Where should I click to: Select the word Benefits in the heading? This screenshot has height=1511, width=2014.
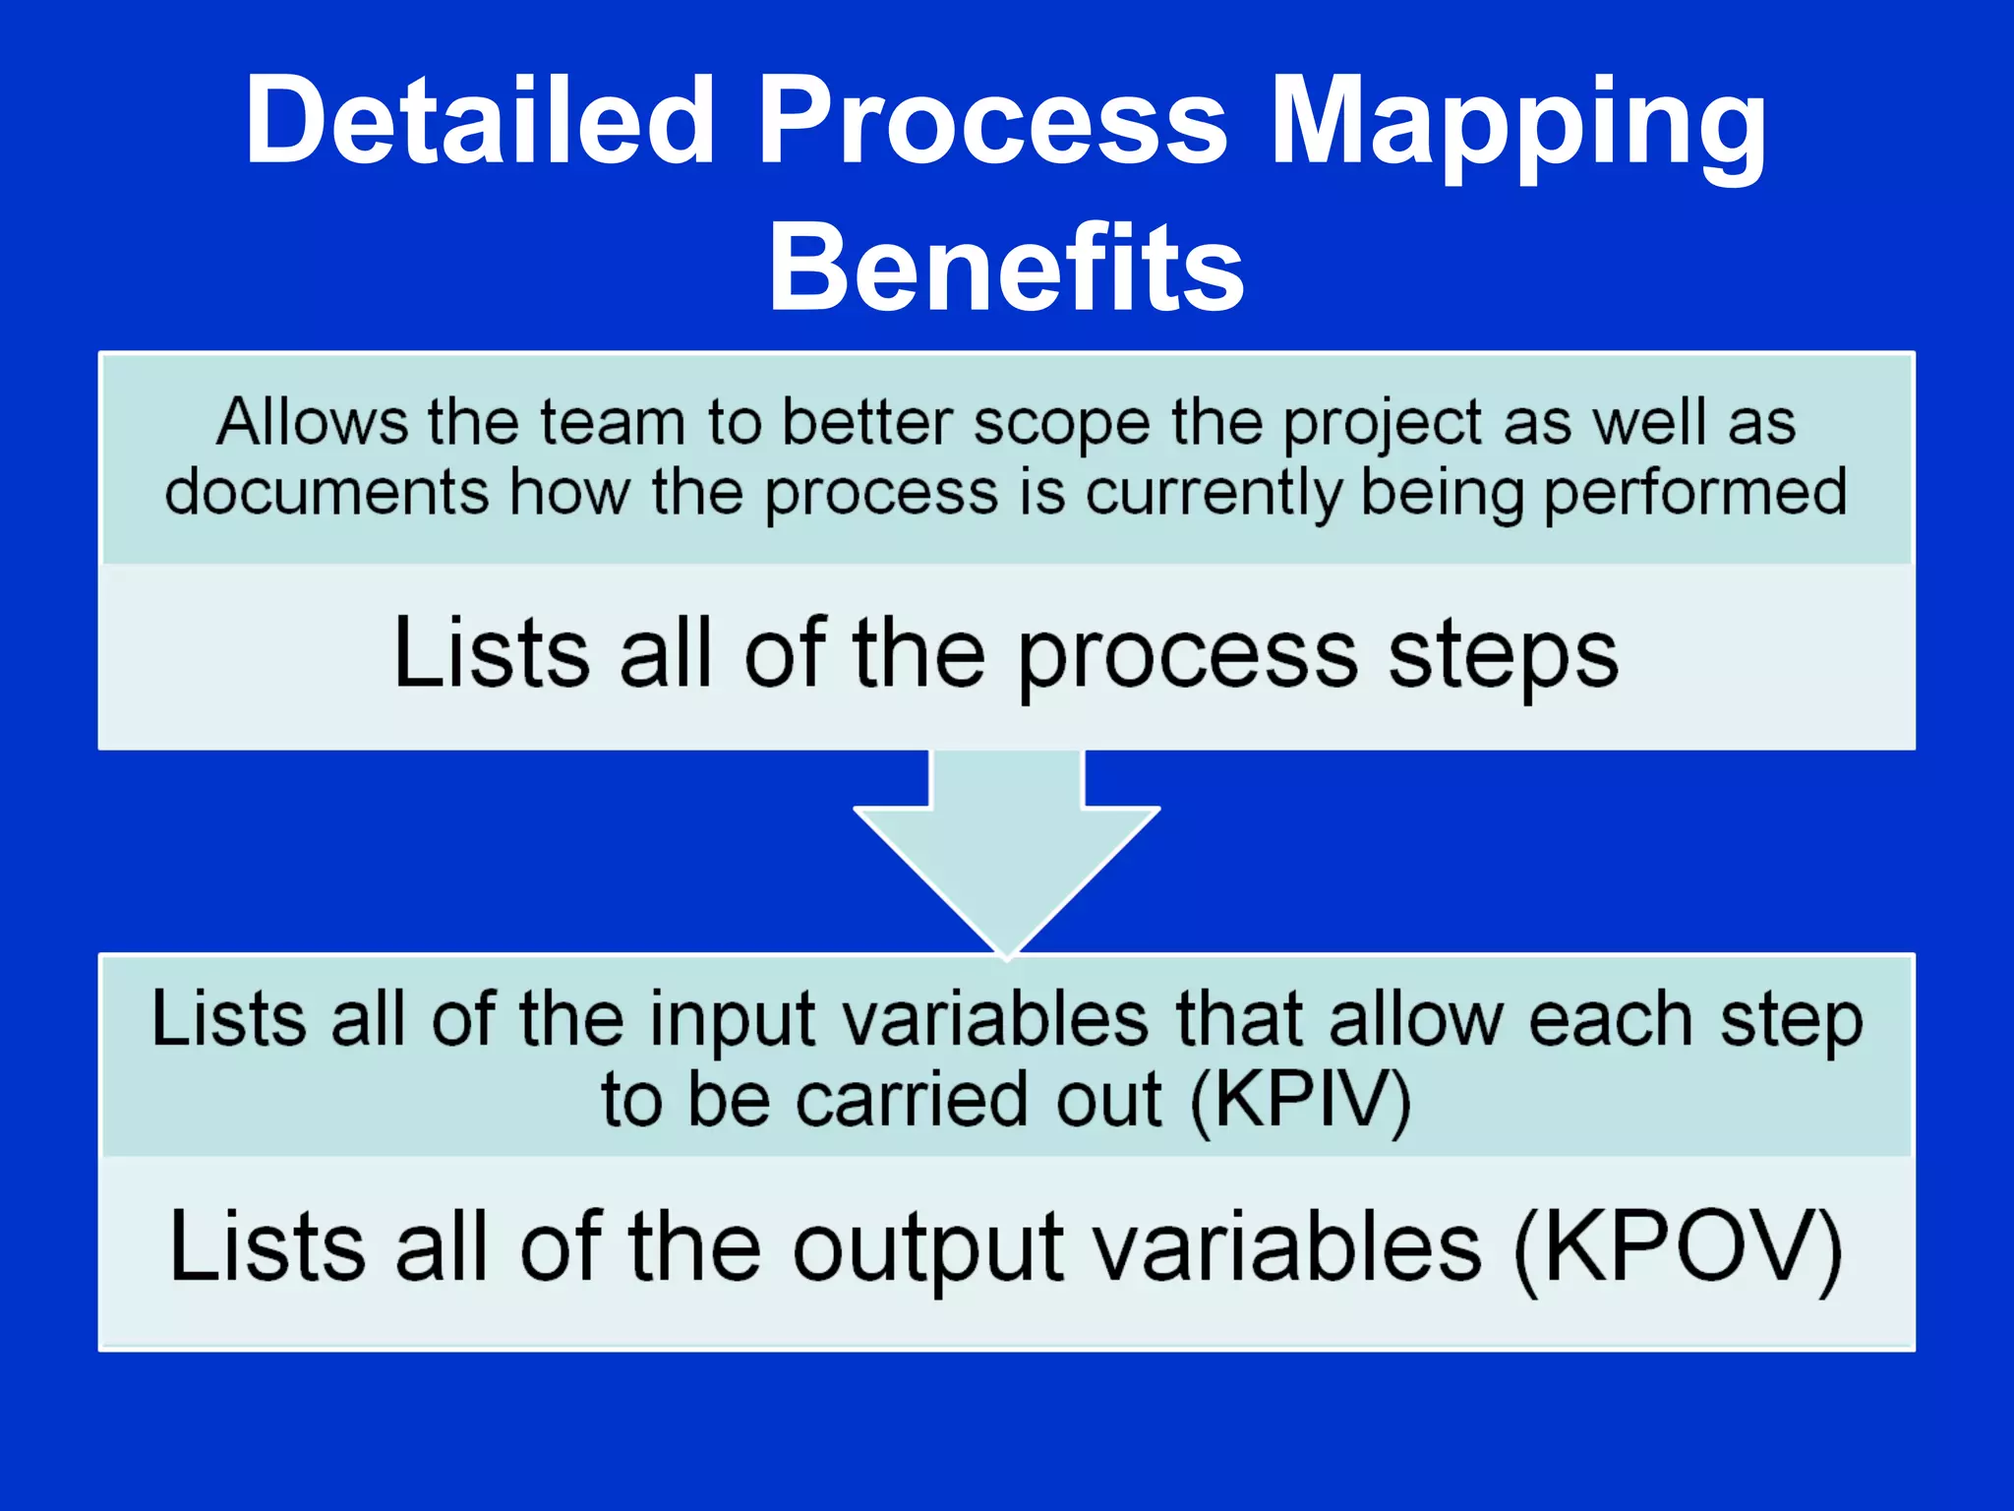click(x=1006, y=268)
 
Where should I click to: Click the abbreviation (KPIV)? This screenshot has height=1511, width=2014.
click(x=1300, y=1100)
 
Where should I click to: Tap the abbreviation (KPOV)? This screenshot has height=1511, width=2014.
click(x=1677, y=1248)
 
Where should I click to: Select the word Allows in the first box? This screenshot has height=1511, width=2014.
click(x=312, y=423)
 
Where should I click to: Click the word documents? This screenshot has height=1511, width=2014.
click(x=326, y=492)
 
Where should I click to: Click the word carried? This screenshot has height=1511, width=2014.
click(x=912, y=1100)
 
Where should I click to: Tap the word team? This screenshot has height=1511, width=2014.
click(x=612, y=423)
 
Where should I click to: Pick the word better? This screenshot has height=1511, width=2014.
click(x=866, y=423)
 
